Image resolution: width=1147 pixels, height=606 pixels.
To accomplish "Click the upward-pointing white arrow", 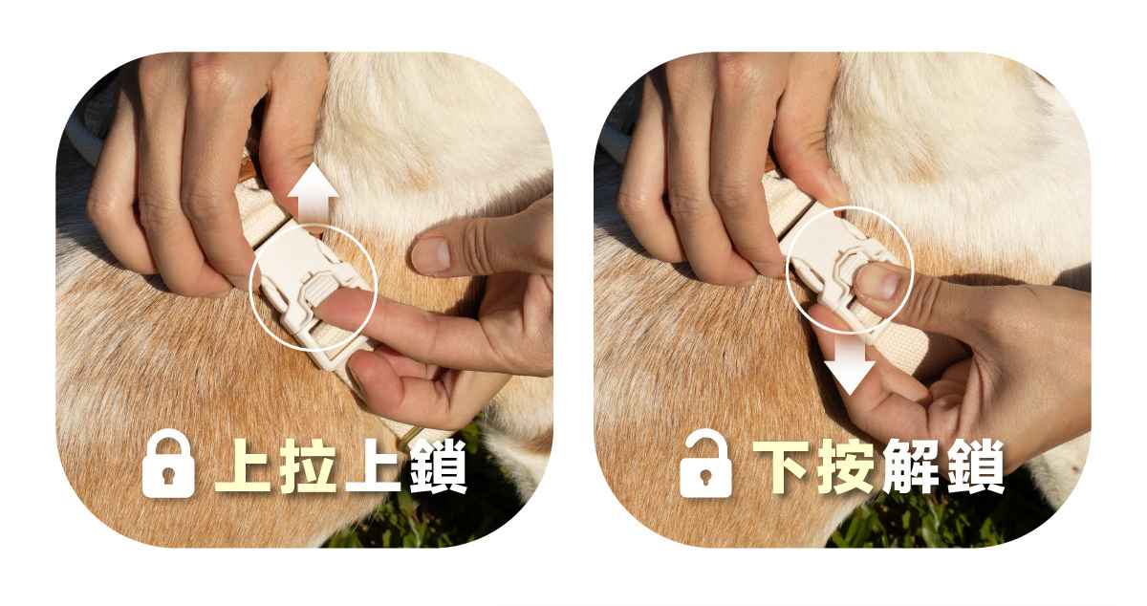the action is point(313,193).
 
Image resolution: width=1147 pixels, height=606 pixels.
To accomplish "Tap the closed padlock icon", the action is point(168,463).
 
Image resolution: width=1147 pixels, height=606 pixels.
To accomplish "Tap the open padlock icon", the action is point(705,463).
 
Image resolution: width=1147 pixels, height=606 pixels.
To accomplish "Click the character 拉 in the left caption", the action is point(308,466).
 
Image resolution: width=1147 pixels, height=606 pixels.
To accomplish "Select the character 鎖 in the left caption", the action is point(439,466).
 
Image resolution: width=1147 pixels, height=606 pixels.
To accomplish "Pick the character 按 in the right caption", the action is point(846,466).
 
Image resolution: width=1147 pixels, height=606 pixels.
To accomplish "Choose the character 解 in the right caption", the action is point(910,466).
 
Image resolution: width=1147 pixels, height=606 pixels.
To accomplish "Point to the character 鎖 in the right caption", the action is point(976,466).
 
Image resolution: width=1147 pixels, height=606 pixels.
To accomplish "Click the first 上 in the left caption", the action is point(243,466).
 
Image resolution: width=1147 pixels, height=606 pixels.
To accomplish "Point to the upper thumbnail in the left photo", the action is point(431,255).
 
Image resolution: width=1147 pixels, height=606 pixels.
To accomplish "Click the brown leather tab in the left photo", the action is point(249,169).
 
